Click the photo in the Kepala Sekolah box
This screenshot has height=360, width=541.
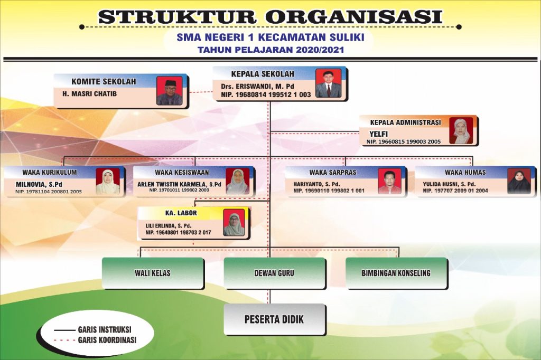pos(328,83)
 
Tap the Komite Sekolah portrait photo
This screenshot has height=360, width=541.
pos(169,91)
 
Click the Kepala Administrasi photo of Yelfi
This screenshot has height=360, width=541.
pos(460,131)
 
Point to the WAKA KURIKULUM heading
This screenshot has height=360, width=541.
pos(50,172)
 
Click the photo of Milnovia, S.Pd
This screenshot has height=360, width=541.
pos(108,182)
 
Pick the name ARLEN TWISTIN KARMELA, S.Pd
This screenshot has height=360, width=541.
pos(179,184)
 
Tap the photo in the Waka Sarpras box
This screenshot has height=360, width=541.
pos(389,182)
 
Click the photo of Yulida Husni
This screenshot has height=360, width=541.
pos(519,182)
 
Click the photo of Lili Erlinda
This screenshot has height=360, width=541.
pos(234,223)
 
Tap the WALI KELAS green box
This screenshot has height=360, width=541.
pos(153,273)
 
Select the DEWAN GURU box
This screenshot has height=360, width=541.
pos(274,273)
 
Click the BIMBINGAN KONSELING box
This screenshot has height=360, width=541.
pos(396,273)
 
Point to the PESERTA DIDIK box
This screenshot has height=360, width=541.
pos(274,319)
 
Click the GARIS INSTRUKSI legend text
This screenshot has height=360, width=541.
pos(105,330)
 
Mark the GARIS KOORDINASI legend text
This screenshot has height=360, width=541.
pos(107,340)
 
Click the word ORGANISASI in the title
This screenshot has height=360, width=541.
pos(353,16)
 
